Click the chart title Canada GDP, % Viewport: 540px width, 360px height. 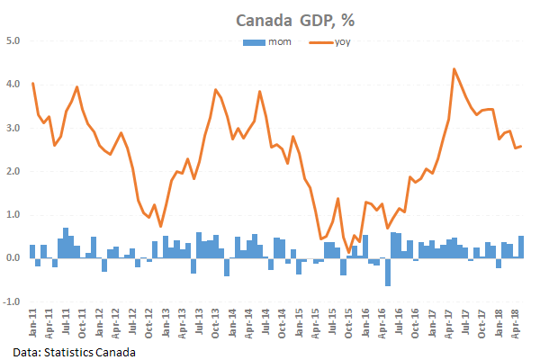(x=287, y=20)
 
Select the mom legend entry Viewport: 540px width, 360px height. (x=270, y=41)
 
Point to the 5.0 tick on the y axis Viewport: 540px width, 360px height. (x=13, y=40)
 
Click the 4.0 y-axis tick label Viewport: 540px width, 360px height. (x=13, y=84)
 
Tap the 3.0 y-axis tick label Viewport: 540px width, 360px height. (x=13, y=128)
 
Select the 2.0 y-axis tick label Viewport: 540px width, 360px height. (x=13, y=171)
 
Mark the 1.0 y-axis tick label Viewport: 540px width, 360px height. (x=13, y=214)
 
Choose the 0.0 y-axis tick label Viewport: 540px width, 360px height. (x=13, y=258)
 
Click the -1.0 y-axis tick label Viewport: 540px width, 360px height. (x=12, y=301)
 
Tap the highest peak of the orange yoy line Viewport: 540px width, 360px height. (x=454, y=69)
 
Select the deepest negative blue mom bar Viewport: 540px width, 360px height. (x=387, y=284)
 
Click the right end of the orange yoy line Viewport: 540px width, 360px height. (x=522, y=147)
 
